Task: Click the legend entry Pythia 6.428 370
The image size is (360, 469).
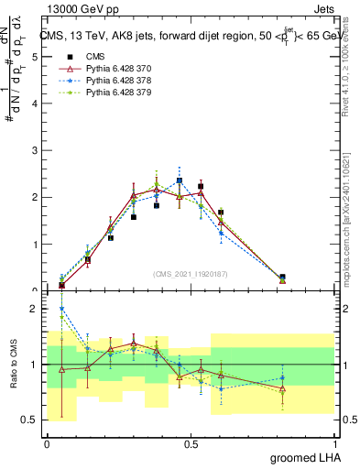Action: click(114, 69)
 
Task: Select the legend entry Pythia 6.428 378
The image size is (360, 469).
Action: click(114, 81)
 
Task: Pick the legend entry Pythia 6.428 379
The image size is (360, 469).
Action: click(114, 93)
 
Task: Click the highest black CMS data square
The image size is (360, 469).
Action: click(180, 181)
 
